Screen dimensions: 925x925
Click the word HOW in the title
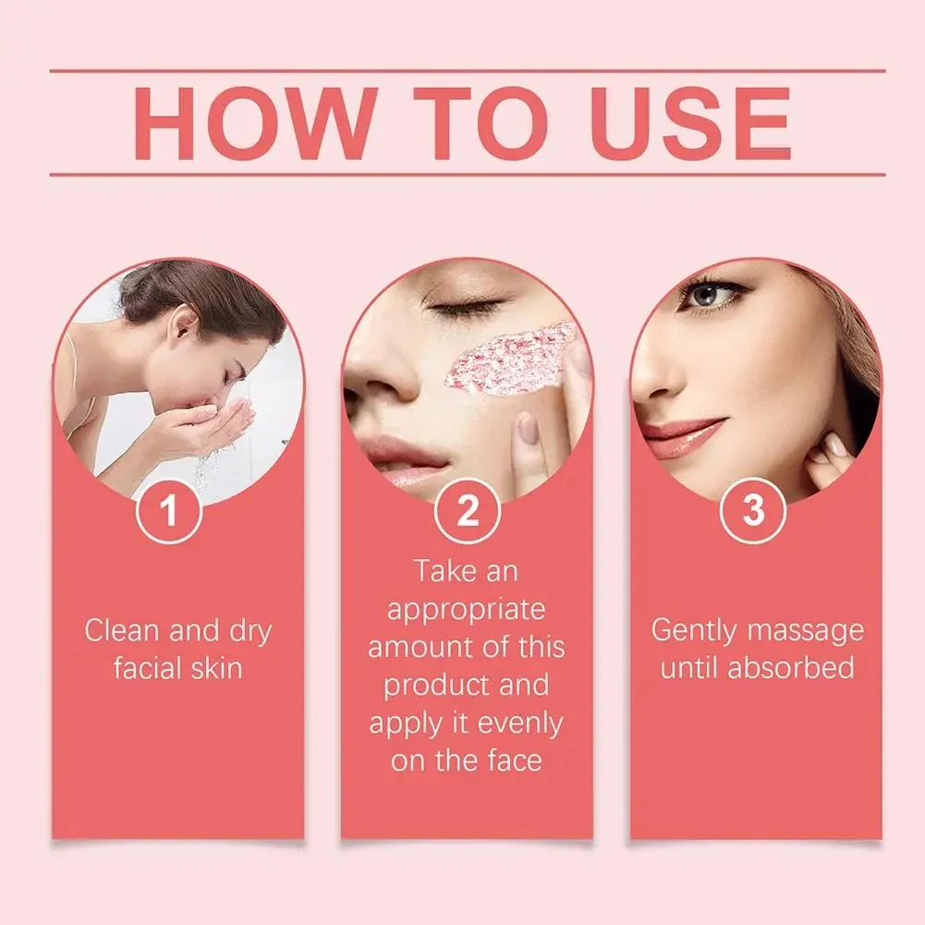click(x=255, y=123)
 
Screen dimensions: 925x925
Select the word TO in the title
click(x=481, y=123)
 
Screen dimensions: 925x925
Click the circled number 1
click(x=169, y=510)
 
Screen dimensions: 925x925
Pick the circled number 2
click(x=468, y=511)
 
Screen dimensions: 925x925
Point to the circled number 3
click(x=753, y=510)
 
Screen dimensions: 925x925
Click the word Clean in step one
click(x=123, y=630)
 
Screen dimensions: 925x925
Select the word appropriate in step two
click(x=466, y=611)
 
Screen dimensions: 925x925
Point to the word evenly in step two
click(x=519, y=724)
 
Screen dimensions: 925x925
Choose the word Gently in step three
click(x=694, y=631)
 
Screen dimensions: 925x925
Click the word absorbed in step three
click(x=790, y=668)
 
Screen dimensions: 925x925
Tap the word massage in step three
click(x=805, y=632)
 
